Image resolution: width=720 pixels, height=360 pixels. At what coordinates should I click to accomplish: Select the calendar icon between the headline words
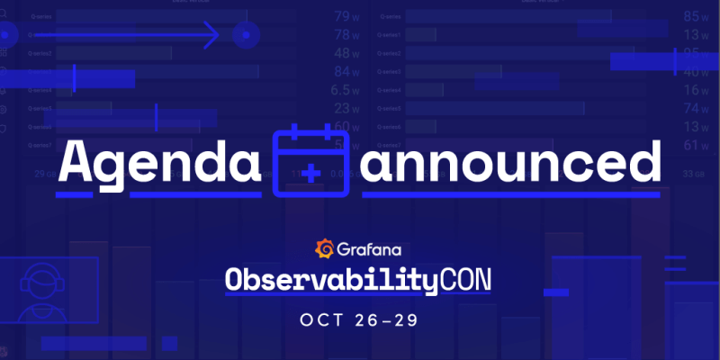click(x=310, y=162)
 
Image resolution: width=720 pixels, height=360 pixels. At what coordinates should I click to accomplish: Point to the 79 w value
click(x=346, y=16)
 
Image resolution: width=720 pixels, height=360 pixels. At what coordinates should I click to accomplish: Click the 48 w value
click(x=346, y=53)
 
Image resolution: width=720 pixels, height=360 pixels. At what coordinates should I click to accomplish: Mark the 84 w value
click(x=346, y=72)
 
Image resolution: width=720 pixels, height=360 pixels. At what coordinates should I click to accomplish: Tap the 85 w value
click(x=697, y=16)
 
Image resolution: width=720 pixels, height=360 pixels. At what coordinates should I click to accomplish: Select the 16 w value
click(x=697, y=90)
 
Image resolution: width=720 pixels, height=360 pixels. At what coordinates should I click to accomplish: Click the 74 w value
click(x=697, y=108)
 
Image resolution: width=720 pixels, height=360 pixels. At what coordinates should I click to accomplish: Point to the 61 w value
click(x=697, y=145)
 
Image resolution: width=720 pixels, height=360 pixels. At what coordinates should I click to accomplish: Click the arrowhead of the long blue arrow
click(x=212, y=36)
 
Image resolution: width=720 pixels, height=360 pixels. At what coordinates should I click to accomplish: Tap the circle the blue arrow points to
click(x=246, y=36)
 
